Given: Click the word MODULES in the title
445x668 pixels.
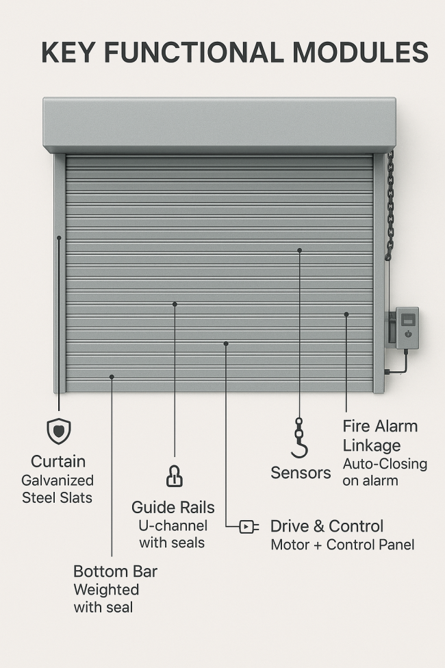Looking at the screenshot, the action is (x=360, y=52).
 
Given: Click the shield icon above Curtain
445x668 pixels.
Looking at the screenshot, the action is (x=59, y=431).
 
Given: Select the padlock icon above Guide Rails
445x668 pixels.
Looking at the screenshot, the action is (x=174, y=476).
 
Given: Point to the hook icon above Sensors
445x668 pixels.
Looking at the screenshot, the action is (x=299, y=438).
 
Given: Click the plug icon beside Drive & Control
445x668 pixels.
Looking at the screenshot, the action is (x=249, y=527).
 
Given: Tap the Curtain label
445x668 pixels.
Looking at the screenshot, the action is (x=58, y=461).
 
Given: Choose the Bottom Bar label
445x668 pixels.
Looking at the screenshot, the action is (x=116, y=571).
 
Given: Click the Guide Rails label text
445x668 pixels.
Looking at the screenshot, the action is (x=173, y=508).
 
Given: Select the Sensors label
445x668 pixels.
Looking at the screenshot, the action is (x=301, y=473).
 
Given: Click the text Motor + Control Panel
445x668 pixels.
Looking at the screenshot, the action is (x=342, y=545).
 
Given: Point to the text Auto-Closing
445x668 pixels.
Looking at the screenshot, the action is (x=385, y=464).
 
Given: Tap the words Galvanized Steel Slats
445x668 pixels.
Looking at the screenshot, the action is (x=58, y=489).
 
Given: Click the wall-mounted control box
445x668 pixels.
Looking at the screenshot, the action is (x=407, y=327).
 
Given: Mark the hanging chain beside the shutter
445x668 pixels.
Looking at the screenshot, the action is (x=390, y=205).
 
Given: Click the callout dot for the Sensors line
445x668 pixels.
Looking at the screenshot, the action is (x=299, y=251).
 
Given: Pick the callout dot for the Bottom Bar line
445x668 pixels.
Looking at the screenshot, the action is (x=112, y=377).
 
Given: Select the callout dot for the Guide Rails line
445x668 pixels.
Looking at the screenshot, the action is (x=175, y=304).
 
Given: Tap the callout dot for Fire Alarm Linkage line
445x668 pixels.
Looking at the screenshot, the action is (x=346, y=314).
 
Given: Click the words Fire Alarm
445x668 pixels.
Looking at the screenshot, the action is (x=380, y=426).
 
